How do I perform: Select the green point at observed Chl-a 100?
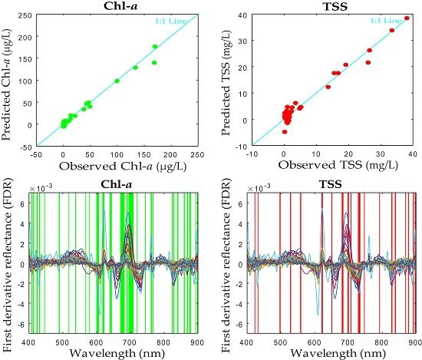coord(117,81)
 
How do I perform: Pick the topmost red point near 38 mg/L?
coord(407,18)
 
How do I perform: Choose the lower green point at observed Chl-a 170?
coord(154,63)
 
